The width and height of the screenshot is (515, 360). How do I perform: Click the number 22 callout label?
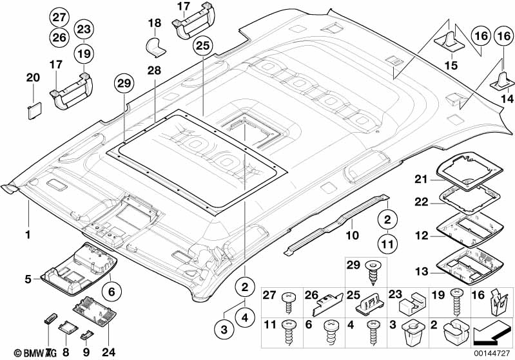click(420, 202)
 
